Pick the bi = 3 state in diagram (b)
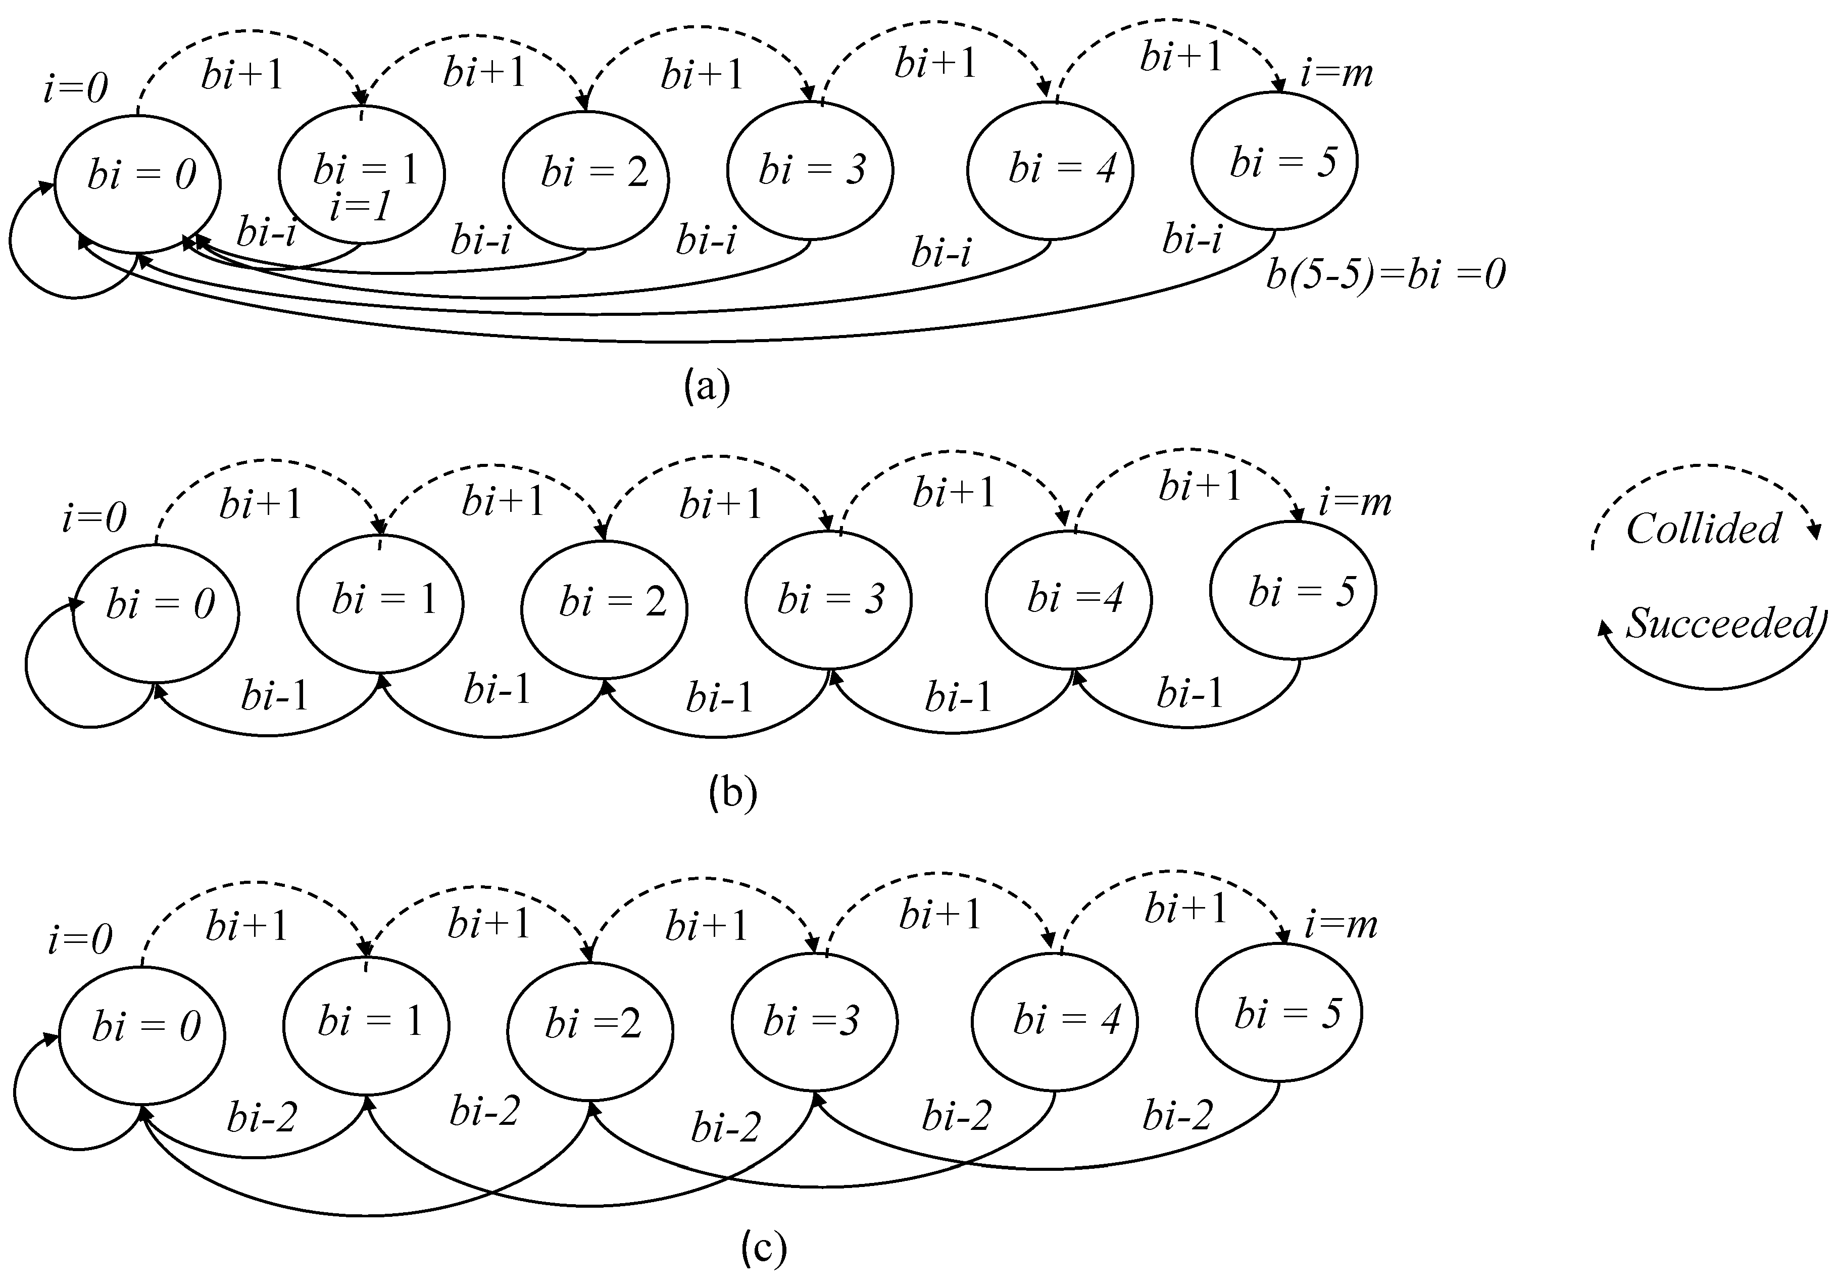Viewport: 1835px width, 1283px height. tap(829, 599)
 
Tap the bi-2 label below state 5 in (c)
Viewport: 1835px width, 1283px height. tap(1177, 1114)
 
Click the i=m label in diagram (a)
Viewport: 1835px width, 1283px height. tap(1336, 74)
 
